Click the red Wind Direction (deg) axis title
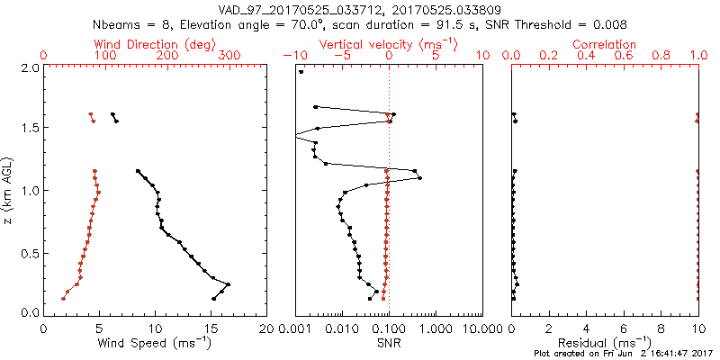(x=156, y=44)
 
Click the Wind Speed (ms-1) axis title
(x=156, y=342)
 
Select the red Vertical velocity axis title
(x=388, y=44)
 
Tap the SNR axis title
(x=388, y=342)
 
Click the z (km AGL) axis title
(x=8, y=190)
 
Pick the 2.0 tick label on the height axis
(x=29, y=67)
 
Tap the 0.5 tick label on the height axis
(x=29, y=252)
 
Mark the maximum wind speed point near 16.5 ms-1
(x=229, y=284)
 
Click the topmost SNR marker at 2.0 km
(x=301, y=72)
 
